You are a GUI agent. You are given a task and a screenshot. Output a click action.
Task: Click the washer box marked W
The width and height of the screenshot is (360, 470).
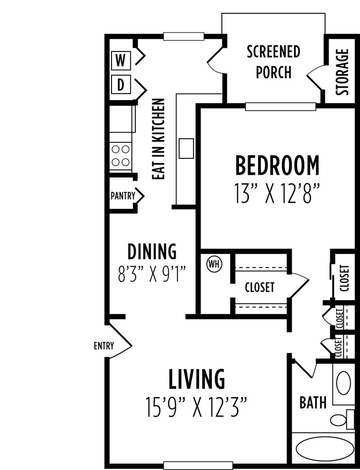[121, 61]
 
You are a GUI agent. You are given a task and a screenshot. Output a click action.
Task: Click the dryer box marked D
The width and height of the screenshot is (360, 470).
[121, 85]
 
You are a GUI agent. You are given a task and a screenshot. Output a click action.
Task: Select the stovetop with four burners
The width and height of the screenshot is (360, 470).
[121, 156]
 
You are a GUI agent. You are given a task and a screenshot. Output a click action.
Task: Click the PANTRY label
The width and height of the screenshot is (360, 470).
[123, 196]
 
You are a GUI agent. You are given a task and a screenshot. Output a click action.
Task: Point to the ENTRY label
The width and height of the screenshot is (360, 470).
[104, 346]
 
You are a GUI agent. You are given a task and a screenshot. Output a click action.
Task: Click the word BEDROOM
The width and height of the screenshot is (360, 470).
[277, 165]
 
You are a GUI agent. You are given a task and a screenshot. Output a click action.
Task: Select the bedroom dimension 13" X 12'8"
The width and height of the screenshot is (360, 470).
[277, 194]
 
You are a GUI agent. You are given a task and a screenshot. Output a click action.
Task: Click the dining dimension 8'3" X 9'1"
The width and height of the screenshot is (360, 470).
[152, 274]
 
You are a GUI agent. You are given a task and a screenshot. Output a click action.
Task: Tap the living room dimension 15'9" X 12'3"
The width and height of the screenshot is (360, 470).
[196, 407]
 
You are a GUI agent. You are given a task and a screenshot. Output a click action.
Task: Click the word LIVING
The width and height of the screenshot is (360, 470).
[196, 379]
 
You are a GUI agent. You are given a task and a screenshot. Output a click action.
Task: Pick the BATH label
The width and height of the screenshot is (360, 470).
[313, 403]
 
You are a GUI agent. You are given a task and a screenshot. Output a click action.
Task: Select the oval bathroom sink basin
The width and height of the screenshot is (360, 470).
[343, 383]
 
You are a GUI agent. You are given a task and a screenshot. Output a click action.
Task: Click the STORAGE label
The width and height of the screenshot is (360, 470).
[342, 72]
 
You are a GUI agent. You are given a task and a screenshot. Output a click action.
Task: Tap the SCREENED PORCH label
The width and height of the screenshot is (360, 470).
[273, 62]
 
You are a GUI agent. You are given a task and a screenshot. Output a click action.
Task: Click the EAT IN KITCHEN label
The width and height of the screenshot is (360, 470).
[158, 139]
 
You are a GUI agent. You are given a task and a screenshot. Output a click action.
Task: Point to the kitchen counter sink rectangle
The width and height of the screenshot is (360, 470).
[186, 148]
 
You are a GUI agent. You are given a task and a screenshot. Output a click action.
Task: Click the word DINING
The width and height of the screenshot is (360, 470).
[152, 252]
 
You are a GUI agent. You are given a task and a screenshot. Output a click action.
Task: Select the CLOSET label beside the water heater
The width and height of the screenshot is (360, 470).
[260, 287]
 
